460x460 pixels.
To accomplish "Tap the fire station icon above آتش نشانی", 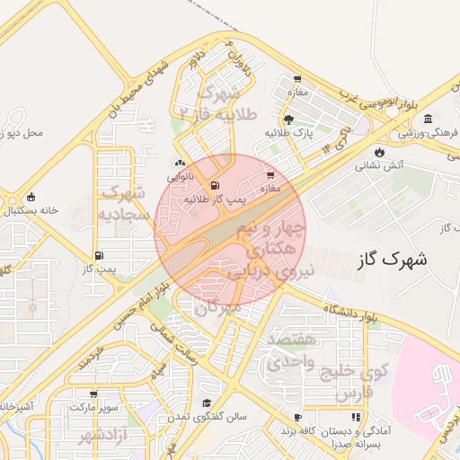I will click(380, 151).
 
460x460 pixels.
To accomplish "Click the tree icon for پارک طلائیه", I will click(287, 119).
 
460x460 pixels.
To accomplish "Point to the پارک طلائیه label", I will click(287, 133).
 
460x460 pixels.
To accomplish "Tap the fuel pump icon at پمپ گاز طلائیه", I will click(214, 186).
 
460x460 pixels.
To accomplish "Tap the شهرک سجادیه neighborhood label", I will click(123, 203).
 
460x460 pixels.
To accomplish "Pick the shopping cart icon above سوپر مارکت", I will click(93, 394).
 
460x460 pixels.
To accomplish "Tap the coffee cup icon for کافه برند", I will click(297, 417).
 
